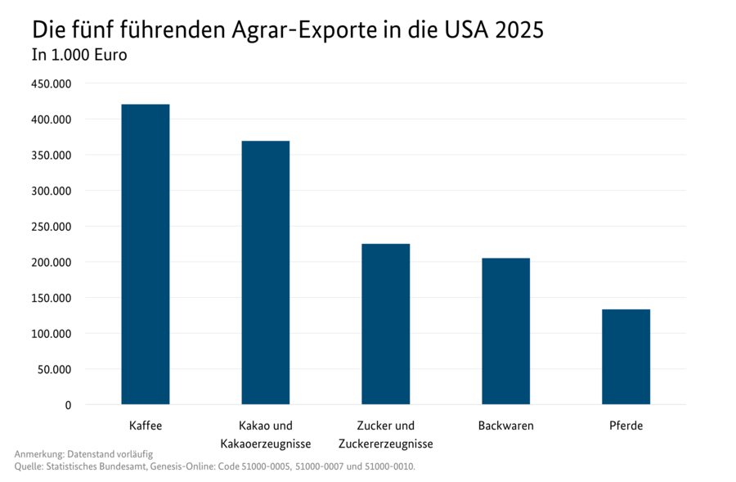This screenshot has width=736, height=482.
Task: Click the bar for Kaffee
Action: pyautogui.click(x=146, y=254)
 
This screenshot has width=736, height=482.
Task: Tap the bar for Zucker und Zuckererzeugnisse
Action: pyautogui.click(x=385, y=323)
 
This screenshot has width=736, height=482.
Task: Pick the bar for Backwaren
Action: pyautogui.click(x=505, y=331)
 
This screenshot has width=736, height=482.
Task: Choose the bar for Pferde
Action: pyautogui.click(x=626, y=356)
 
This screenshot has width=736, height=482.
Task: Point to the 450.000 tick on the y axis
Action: pyautogui.click(x=52, y=83)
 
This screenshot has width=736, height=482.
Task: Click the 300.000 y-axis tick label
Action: pyautogui.click(x=52, y=191)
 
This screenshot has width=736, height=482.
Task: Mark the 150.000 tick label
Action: pyautogui.click(x=52, y=298)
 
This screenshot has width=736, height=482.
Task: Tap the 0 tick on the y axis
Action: pyautogui.click(x=68, y=405)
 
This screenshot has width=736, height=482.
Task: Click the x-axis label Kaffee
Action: pyautogui.click(x=146, y=426)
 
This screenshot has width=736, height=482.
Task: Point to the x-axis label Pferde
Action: pyautogui.click(x=626, y=426)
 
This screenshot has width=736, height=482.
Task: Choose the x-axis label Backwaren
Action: pyautogui.click(x=505, y=426)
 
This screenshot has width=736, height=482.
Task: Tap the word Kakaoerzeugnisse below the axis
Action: pyautogui.click(x=265, y=444)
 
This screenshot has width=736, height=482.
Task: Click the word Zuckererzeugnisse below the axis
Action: pyautogui.click(x=385, y=444)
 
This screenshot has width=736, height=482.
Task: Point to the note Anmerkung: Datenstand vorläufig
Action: pyautogui.click(x=83, y=453)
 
